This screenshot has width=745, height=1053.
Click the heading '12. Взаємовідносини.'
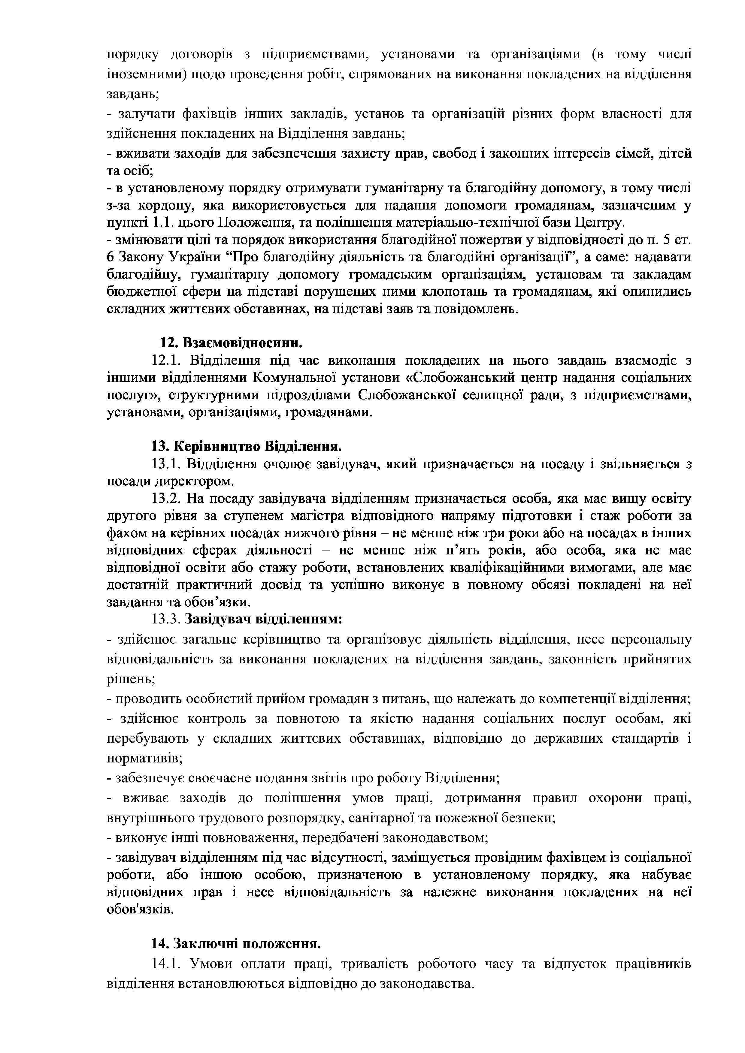pos(231,342)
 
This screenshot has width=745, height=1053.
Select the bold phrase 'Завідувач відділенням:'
pos(263,619)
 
